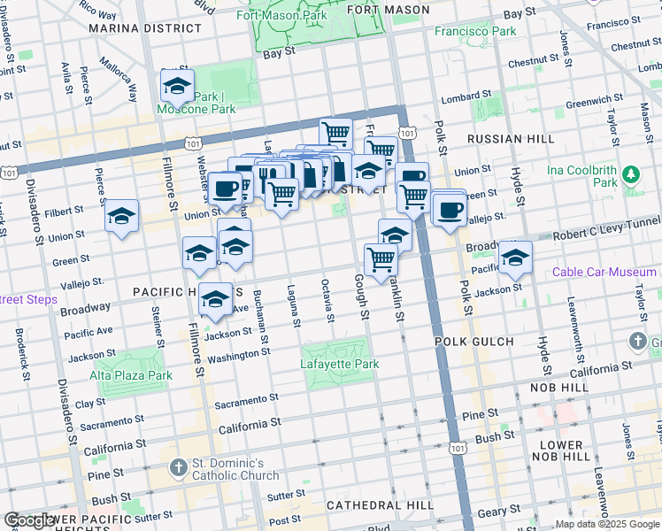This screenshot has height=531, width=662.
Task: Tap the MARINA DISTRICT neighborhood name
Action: pos(133,28)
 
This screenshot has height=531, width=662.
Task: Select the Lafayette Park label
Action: pos(341,364)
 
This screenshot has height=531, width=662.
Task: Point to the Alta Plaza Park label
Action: pos(130,375)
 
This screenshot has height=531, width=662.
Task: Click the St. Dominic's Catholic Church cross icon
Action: pos(178,466)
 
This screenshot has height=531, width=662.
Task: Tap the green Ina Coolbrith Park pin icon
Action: pos(630,174)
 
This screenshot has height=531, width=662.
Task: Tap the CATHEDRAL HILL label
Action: pos(380,504)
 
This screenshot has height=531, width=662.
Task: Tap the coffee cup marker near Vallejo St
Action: pos(450,210)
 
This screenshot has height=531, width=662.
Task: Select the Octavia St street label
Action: pos(328,300)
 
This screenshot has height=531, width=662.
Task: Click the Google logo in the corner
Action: pos(30,520)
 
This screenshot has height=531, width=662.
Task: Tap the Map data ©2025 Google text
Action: pos(606,524)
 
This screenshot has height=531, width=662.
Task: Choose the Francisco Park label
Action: pos(475,31)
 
